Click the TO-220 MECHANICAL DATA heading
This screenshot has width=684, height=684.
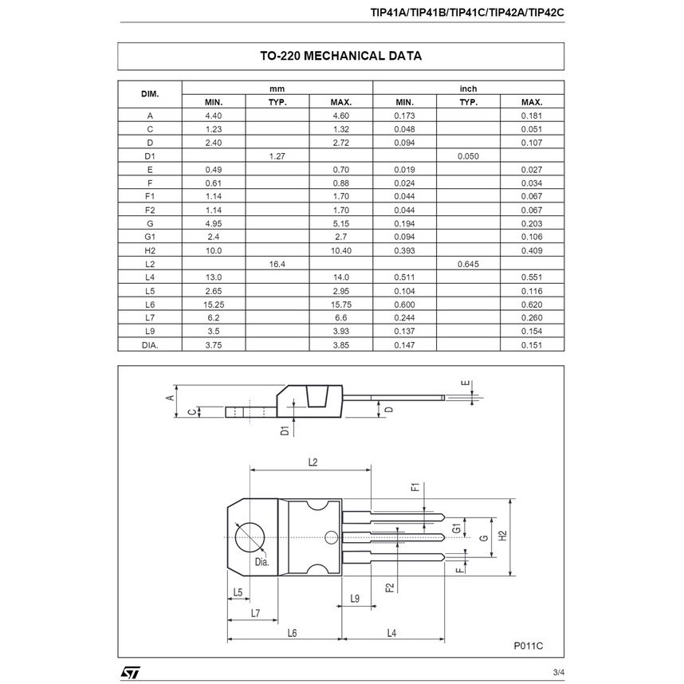[x=340, y=57]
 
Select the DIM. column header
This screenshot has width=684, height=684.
[x=150, y=95]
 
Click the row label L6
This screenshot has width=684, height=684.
[x=150, y=305]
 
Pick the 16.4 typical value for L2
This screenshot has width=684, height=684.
[x=277, y=264]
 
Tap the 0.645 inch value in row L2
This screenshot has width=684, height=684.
[x=468, y=264]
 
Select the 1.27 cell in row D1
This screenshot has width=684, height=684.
[x=277, y=156]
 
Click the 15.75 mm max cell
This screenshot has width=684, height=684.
[x=341, y=305]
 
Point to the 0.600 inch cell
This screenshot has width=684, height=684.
[x=405, y=305]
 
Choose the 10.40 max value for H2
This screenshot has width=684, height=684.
[x=341, y=250]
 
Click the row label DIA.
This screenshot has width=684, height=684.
[x=150, y=345]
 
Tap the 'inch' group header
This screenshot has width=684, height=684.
[x=468, y=88]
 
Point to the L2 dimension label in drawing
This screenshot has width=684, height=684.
[x=313, y=462]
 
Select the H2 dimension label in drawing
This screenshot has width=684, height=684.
[x=502, y=536]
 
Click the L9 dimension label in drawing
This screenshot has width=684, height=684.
[x=355, y=598]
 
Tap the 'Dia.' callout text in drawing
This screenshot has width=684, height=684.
[x=261, y=561]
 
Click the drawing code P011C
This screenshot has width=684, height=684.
[x=527, y=646]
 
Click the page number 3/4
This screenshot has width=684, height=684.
[x=557, y=673]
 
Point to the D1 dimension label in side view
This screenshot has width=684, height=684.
[x=285, y=431]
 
